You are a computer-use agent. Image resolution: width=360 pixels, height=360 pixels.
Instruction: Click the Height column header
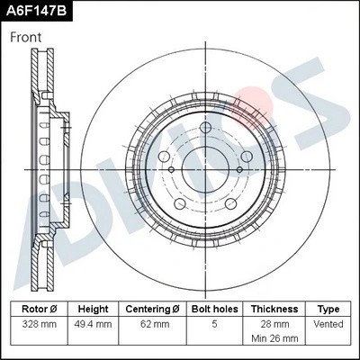(93, 309)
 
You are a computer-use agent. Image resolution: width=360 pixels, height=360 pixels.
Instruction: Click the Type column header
(330, 309)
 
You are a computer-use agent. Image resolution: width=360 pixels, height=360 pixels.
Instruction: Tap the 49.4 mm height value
(93, 322)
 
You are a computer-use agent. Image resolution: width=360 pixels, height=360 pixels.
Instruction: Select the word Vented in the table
(330, 322)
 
